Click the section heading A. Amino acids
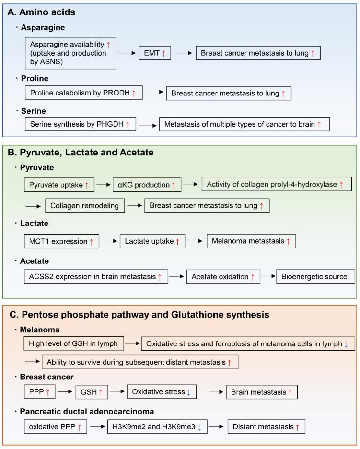(x=42, y=12)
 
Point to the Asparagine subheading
(x=43, y=28)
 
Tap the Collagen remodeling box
(x=85, y=205)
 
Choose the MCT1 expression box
(x=61, y=241)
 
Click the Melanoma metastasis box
(x=251, y=241)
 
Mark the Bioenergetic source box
(x=315, y=277)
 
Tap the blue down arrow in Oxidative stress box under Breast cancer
(x=189, y=392)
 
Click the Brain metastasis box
(x=262, y=392)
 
